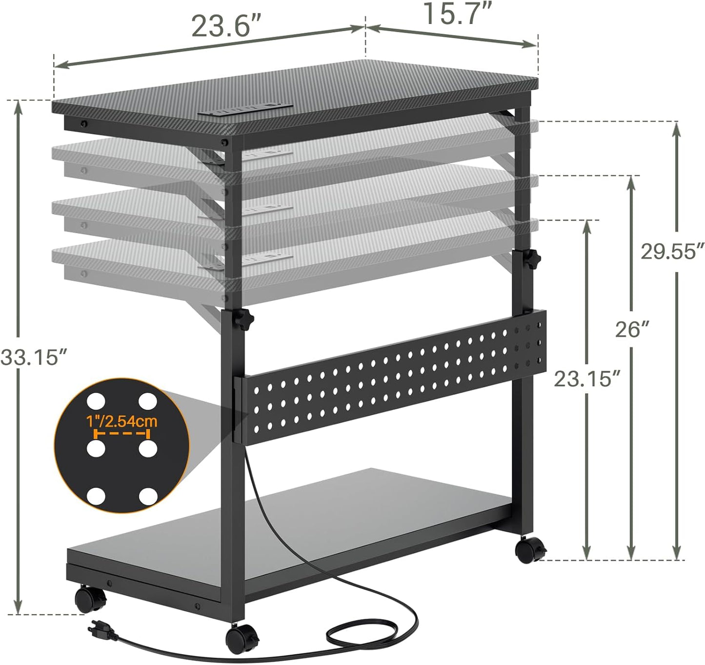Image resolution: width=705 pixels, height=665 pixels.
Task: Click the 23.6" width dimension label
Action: tap(226, 27)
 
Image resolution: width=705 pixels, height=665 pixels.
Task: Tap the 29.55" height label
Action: tap(672, 252)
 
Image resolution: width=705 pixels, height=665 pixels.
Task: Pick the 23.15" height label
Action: tap(587, 379)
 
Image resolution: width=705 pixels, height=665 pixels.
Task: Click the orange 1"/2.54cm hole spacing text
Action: tap(121, 421)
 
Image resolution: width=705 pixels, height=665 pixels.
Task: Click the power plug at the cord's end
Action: tap(104, 630)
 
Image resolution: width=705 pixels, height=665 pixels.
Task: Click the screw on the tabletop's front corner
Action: tap(225, 143)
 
